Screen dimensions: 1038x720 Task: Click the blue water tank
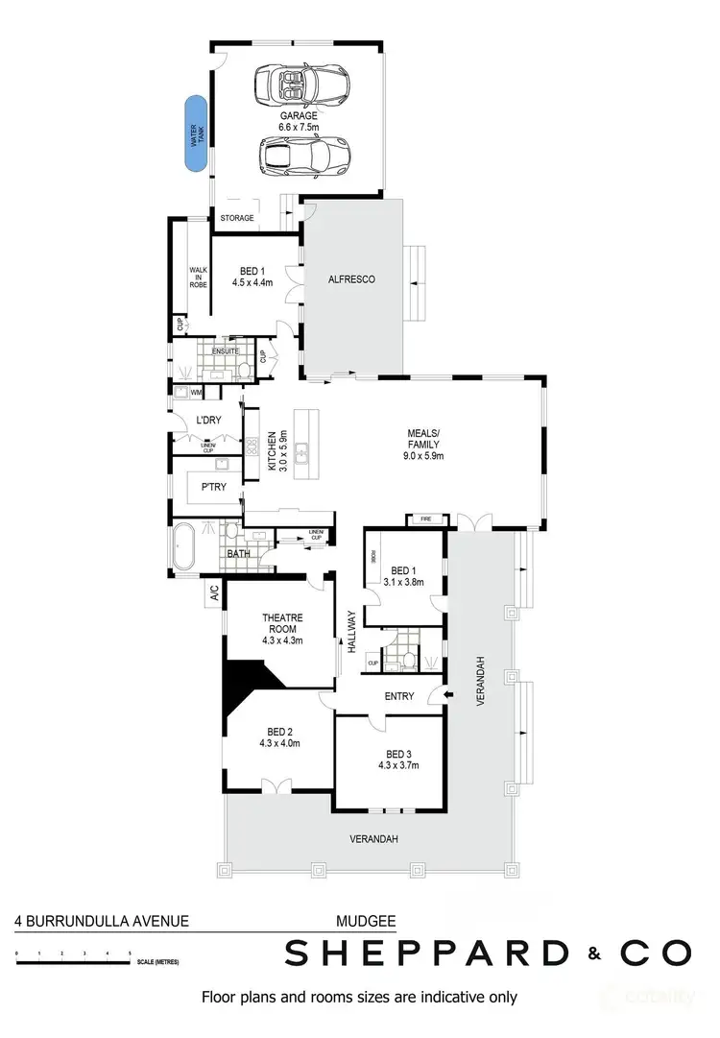coord(197,133)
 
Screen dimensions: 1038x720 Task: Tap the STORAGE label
coord(237,218)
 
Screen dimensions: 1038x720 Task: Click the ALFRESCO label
coord(351,279)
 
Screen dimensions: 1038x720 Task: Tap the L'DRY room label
coord(209,421)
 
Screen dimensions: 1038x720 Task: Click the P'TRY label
coord(214,487)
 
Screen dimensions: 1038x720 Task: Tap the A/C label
coord(213,594)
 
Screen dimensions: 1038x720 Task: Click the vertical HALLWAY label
coord(352,631)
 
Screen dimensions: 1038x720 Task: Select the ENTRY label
coord(398,696)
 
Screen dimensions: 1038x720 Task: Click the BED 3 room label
coord(398,754)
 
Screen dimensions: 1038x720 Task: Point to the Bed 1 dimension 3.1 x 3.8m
coord(402,581)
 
